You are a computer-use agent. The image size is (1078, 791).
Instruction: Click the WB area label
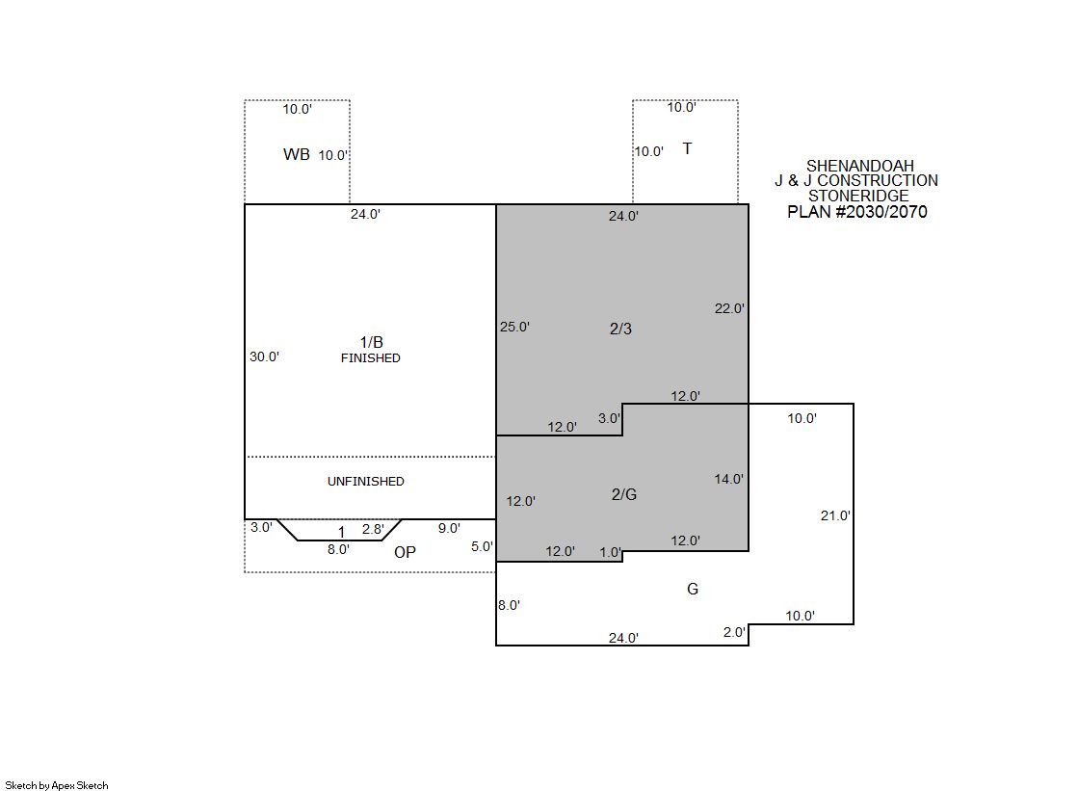(x=297, y=154)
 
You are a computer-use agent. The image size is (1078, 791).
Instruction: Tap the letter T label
(x=687, y=148)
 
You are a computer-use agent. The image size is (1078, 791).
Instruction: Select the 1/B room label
(x=371, y=342)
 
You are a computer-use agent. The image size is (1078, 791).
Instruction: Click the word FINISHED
(x=371, y=357)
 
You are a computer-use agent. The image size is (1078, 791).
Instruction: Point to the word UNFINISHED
(x=366, y=482)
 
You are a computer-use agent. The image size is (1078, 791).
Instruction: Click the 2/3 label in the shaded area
(x=620, y=329)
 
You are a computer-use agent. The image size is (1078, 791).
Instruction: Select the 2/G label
(x=624, y=494)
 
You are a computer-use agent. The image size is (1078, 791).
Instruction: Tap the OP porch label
(x=405, y=552)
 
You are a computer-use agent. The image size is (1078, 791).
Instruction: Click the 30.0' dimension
(x=264, y=356)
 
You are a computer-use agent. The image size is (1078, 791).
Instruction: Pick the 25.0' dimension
(x=515, y=327)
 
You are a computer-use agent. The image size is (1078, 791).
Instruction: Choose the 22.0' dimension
(x=728, y=308)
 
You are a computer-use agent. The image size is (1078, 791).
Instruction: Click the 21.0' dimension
(x=835, y=515)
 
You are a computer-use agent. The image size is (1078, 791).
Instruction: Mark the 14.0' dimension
(x=728, y=479)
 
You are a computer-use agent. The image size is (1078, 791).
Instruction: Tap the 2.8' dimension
(x=373, y=529)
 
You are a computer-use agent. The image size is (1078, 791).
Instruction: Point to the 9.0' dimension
(x=449, y=528)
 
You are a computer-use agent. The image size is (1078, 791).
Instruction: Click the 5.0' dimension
(x=482, y=546)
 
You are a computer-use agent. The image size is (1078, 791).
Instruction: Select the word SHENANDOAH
(x=860, y=166)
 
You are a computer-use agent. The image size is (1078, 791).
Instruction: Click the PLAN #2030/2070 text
(x=857, y=212)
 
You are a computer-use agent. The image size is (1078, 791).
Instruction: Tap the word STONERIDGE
(x=858, y=196)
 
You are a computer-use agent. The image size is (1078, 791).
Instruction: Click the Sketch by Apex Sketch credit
(x=57, y=785)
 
